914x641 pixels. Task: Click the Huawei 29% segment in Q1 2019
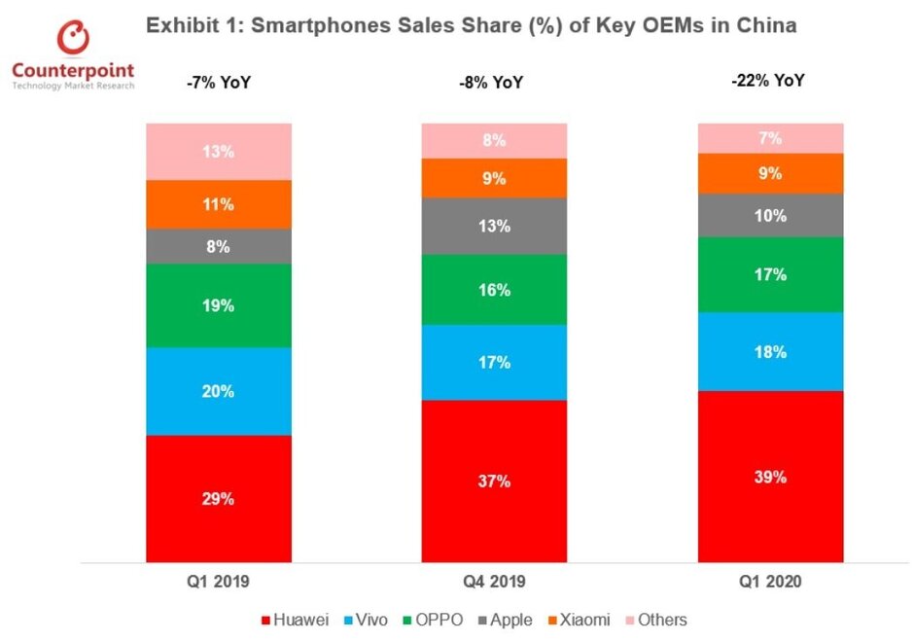point(219,498)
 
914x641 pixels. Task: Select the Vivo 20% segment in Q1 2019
point(219,391)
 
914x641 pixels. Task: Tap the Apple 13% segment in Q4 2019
point(494,226)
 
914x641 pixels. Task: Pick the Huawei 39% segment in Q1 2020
point(770,477)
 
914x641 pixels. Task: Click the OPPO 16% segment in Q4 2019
point(494,289)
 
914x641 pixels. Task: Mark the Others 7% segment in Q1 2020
point(770,138)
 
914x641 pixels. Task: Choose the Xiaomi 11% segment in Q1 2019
point(219,204)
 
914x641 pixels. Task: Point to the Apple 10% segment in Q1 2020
point(770,215)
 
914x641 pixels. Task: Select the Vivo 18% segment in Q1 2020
point(770,351)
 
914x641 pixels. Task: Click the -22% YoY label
point(768,82)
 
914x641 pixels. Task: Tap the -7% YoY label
point(219,84)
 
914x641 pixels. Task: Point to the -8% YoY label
point(491,84)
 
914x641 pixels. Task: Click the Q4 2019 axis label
point(493,583)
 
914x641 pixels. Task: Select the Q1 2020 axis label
point(769,583)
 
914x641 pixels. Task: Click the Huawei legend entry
point(296,620)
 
